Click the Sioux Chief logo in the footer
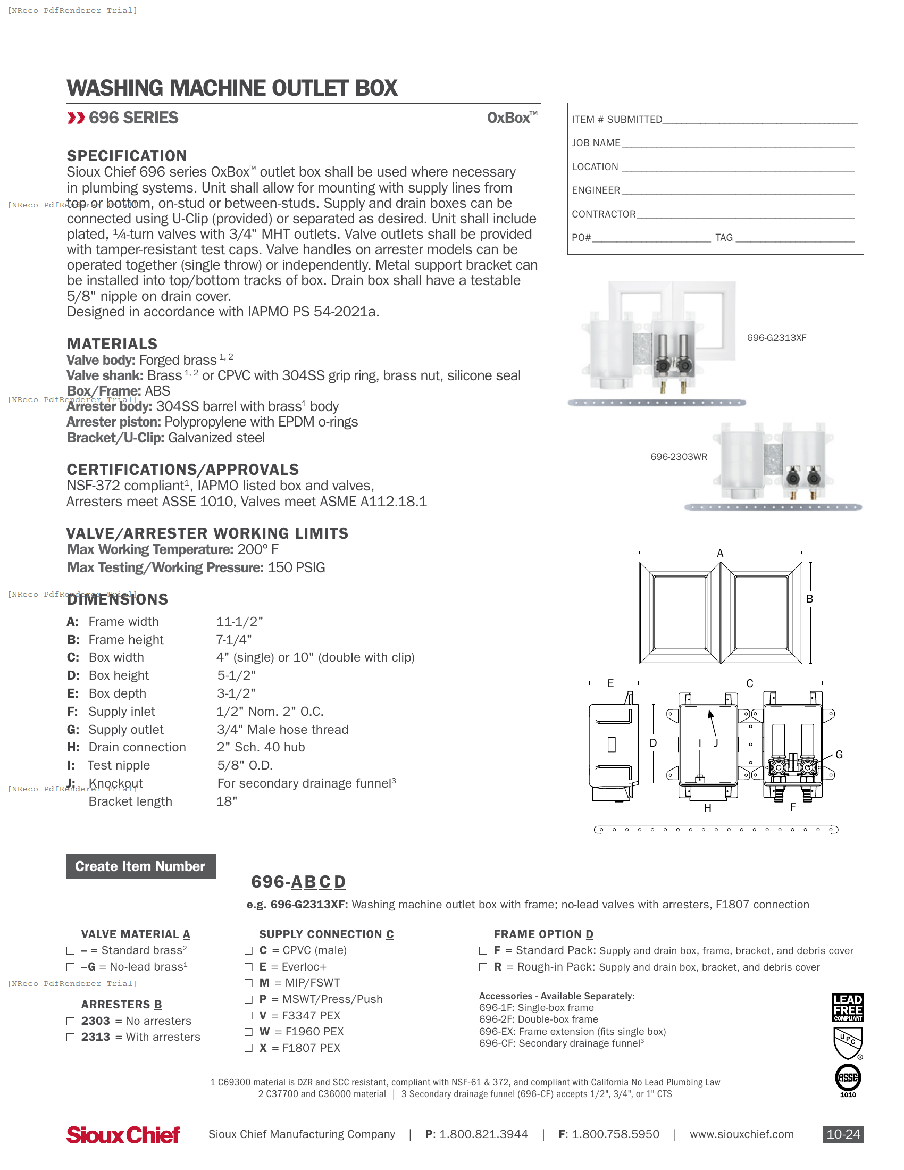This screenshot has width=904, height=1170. [123, 1135]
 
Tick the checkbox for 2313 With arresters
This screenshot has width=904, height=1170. [70, 1037]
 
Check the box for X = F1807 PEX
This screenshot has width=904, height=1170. [248, 1048]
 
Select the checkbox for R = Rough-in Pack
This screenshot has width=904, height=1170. [483, 967]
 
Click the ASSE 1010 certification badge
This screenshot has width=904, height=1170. [848, 1078]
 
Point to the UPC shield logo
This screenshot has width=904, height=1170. [848, 1042]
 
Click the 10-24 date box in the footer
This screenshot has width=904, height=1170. [843, 1134]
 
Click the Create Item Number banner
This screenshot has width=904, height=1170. [141, 866]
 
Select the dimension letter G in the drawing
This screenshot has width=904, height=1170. [839, 755]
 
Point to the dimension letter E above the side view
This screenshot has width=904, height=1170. [610, 683]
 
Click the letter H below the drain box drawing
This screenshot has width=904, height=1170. [707, 808]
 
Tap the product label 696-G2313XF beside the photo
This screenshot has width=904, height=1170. [776, 338]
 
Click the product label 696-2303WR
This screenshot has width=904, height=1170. [679, 457]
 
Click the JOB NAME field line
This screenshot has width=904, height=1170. [738, 144]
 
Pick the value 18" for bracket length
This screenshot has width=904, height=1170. [227, 801]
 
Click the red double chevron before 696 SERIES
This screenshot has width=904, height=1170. [76, 118]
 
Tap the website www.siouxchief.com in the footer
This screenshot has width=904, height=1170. [741, 1134]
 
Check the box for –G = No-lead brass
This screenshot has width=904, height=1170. [70, 967]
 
